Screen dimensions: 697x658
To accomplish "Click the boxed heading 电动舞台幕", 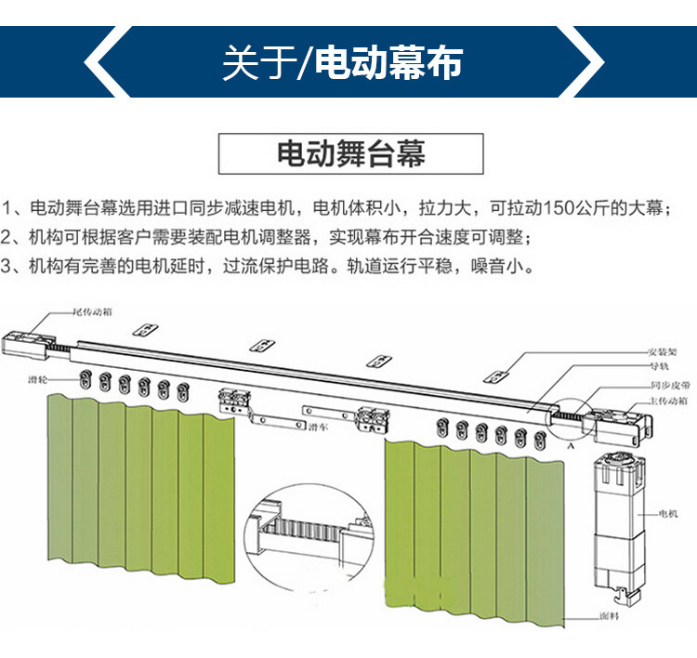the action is point(351,154).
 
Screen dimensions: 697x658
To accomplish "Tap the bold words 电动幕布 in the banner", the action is point(388,63).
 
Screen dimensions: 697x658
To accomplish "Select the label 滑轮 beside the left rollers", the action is point(39,380).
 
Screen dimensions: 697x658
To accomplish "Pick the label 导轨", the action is point(659,367).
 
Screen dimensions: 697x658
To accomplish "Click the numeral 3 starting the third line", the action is point(8,267).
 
